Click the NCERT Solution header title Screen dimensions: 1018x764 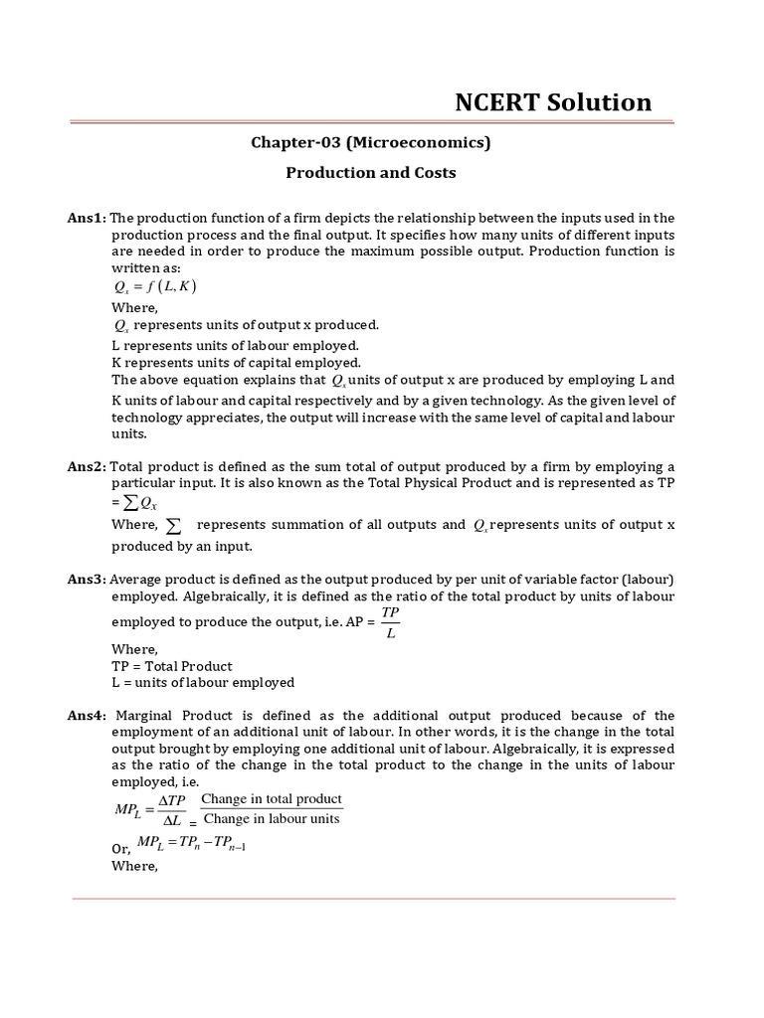[x=553, y=102]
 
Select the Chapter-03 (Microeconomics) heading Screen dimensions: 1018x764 [x=370, y=142]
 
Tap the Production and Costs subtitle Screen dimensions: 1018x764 [x=371, y=172]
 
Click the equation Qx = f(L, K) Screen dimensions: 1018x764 [x=156, y=286]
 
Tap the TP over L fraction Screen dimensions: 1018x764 [x=390, y=623]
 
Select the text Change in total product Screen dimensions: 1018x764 [x=271, y=799]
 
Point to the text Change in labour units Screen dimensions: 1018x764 [x=271, y=819]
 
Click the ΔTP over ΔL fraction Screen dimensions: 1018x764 [x=172, y=810]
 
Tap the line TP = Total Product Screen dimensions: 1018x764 [x=172, y=666]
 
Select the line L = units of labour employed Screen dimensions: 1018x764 [x=203, y=682]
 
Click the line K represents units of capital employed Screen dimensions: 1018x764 [x=236, y=362]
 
